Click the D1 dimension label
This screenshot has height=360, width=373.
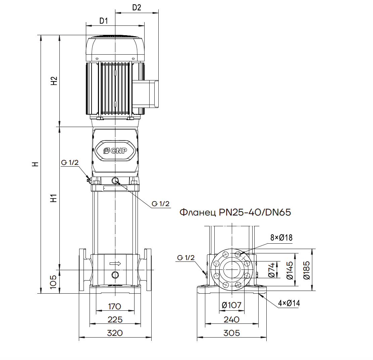(x=103, y=21)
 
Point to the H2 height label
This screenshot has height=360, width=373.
(x=54, y=81)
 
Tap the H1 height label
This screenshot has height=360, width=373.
(x=54, y=198)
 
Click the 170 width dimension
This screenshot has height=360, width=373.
(x=115, y=306)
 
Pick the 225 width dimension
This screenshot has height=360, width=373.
(x=115, y=319)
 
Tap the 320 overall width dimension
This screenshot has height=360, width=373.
(x=115, y=333)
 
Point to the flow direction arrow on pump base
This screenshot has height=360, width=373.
(x=115, y=264)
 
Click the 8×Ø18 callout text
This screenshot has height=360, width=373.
(x=281, y=238)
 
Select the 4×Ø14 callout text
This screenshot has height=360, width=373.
(x=289, y=303)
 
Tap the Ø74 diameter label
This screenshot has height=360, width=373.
(x=272, y=270)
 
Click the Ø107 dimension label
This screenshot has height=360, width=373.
(x=231, y=305)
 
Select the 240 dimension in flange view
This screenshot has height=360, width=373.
(x=231, y=319)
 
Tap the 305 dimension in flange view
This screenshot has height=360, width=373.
(x=231, y=333)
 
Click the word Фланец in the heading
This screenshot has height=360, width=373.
(x=198, y=212)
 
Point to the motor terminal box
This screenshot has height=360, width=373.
(x=146, y=93)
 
